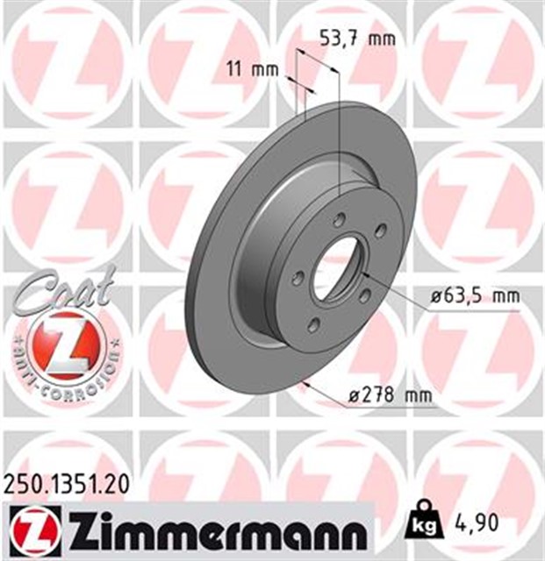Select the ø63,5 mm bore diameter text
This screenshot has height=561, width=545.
tap(475, 296)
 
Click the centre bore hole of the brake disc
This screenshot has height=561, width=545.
tap(338, 266)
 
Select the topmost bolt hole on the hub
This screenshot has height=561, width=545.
tap(339, 219)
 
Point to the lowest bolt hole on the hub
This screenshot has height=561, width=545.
tap(314, 326)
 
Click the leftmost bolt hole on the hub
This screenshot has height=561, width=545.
tap(298, 277)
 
